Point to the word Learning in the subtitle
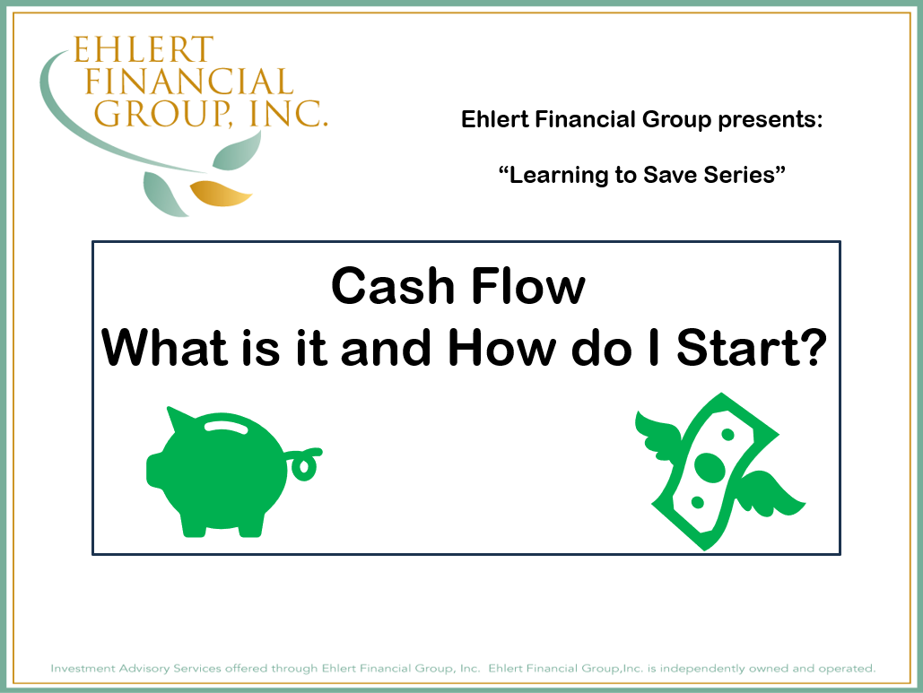pyautogui.click(x=554, y=175)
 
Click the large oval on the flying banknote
pyautogui.click(x=709, y=467)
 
